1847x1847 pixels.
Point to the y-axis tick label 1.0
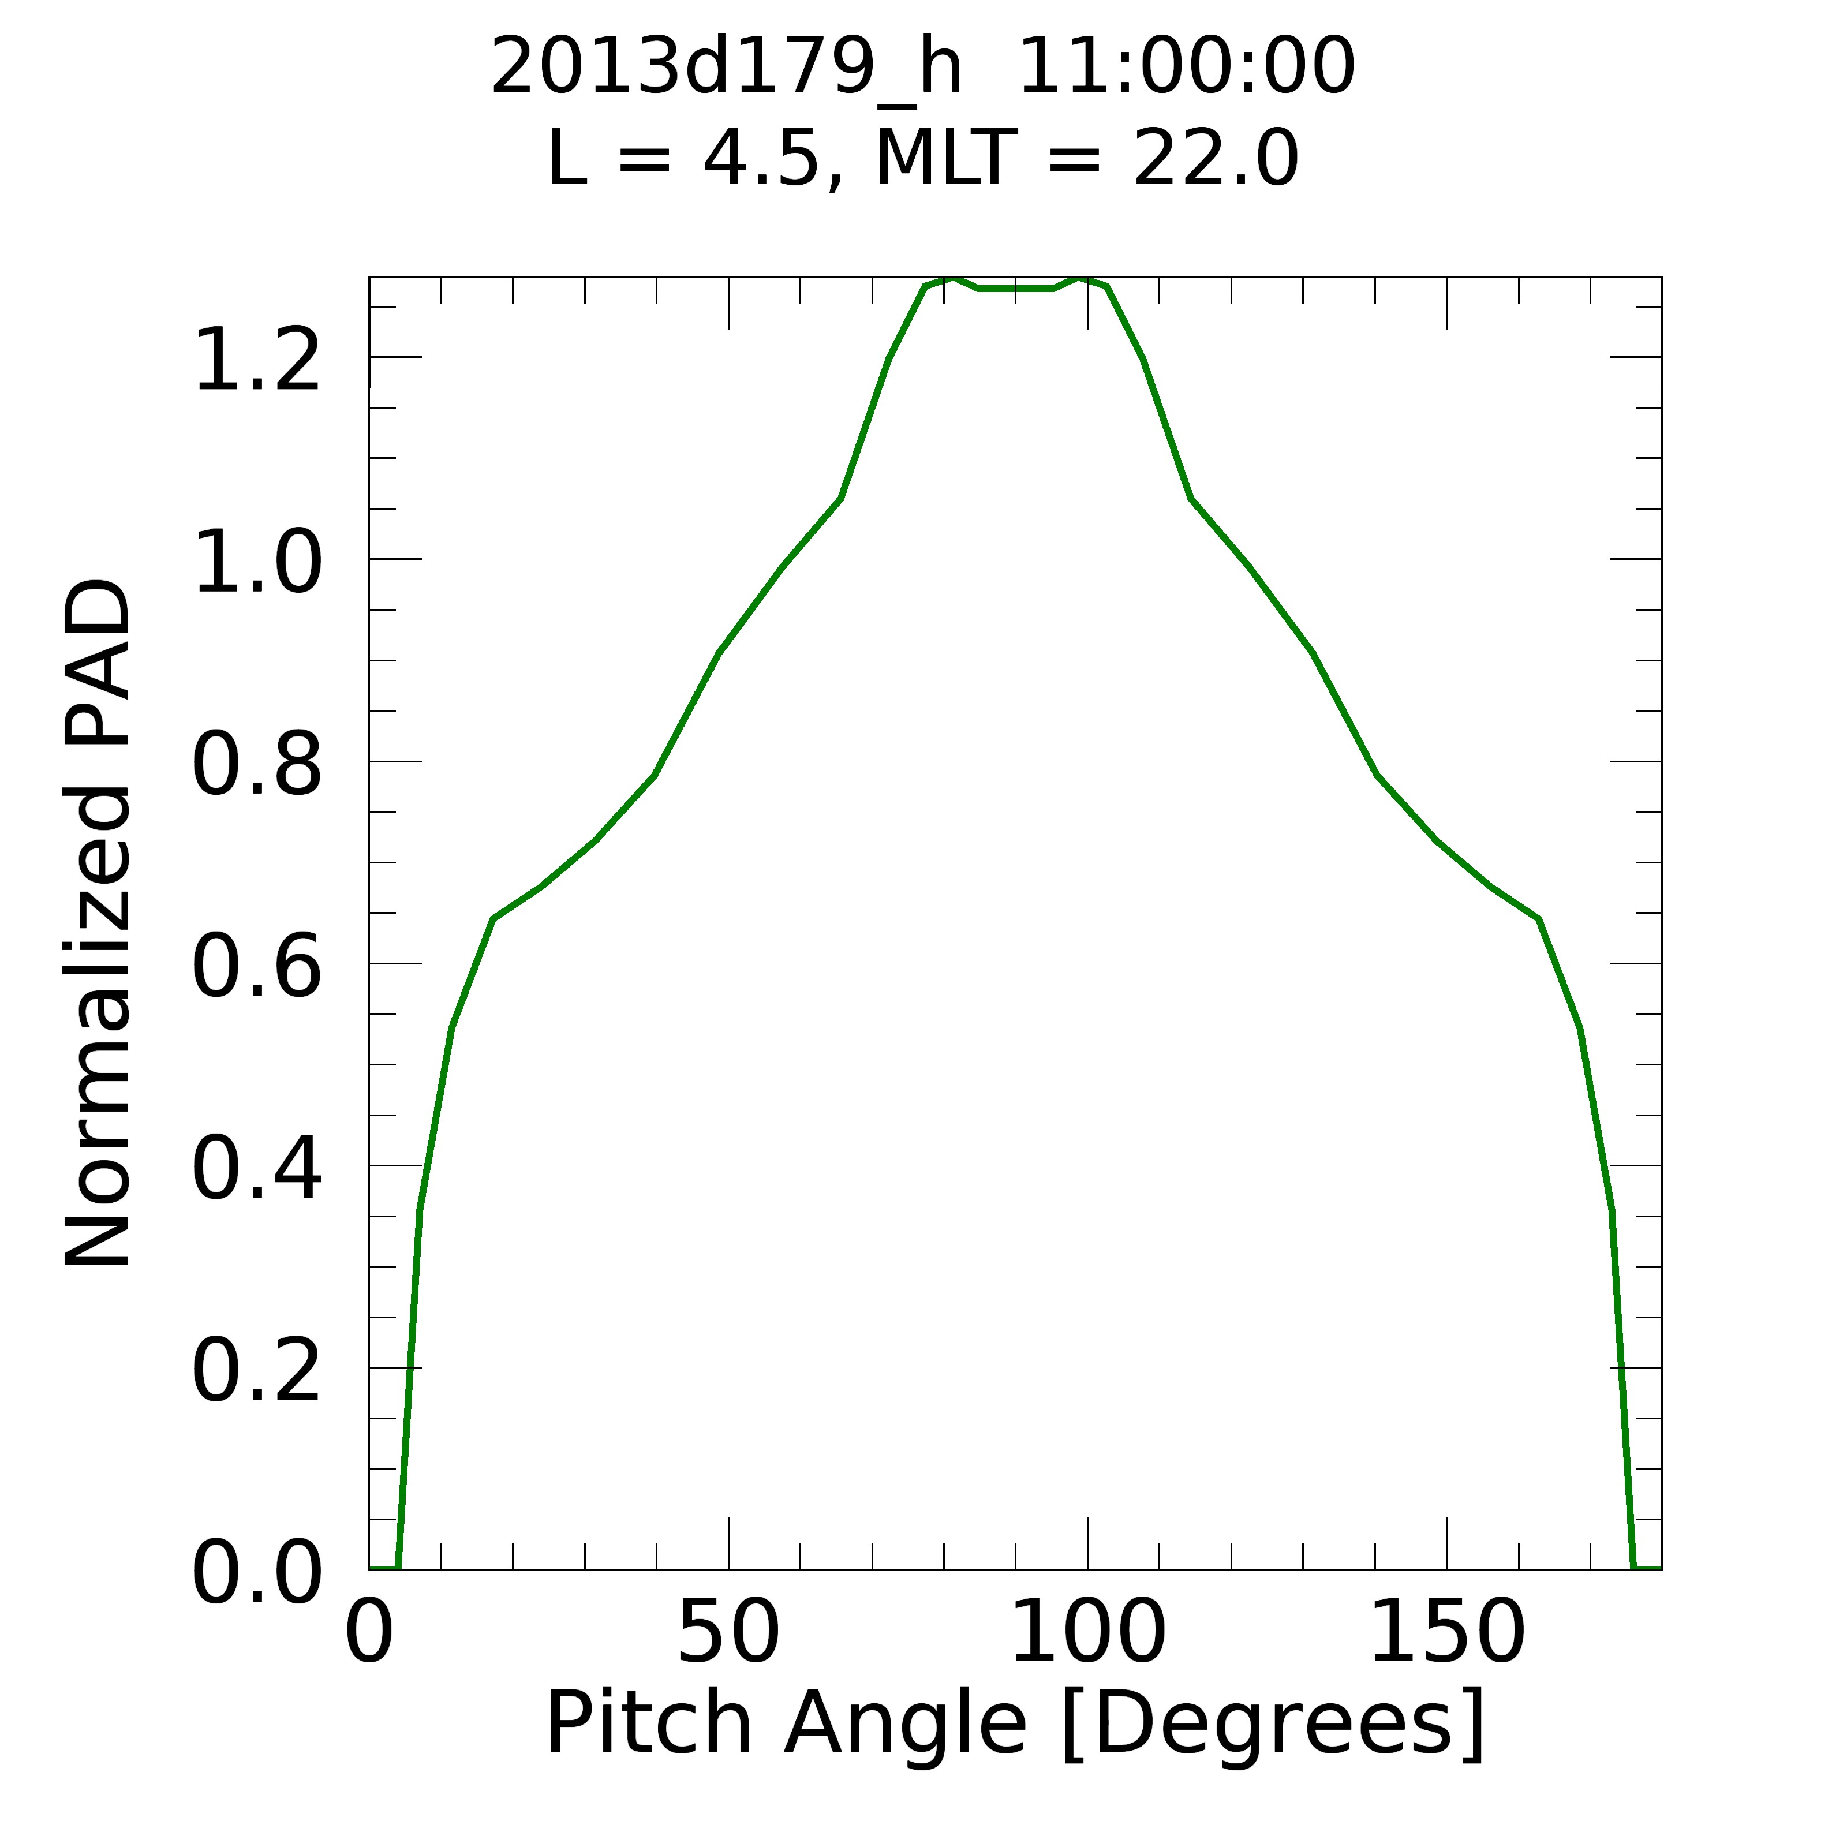(x=256, y=562)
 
